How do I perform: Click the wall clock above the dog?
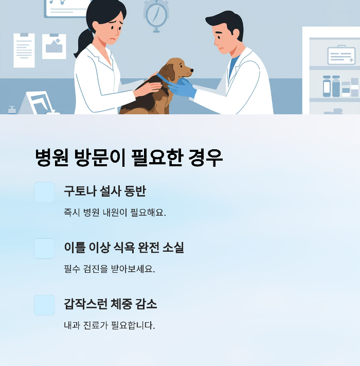[156, 14]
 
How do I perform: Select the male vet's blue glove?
[183, 88]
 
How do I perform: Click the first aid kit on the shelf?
[341, 55]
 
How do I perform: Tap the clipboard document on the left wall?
[24, 50]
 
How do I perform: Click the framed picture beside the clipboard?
[54, 46]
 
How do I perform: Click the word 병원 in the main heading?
[52, 158]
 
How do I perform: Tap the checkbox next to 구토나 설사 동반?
[44, 192]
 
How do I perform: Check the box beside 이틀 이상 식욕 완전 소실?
[44, 248]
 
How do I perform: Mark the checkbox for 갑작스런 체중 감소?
[44, 305]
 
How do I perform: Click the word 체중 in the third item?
[121, 304]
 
